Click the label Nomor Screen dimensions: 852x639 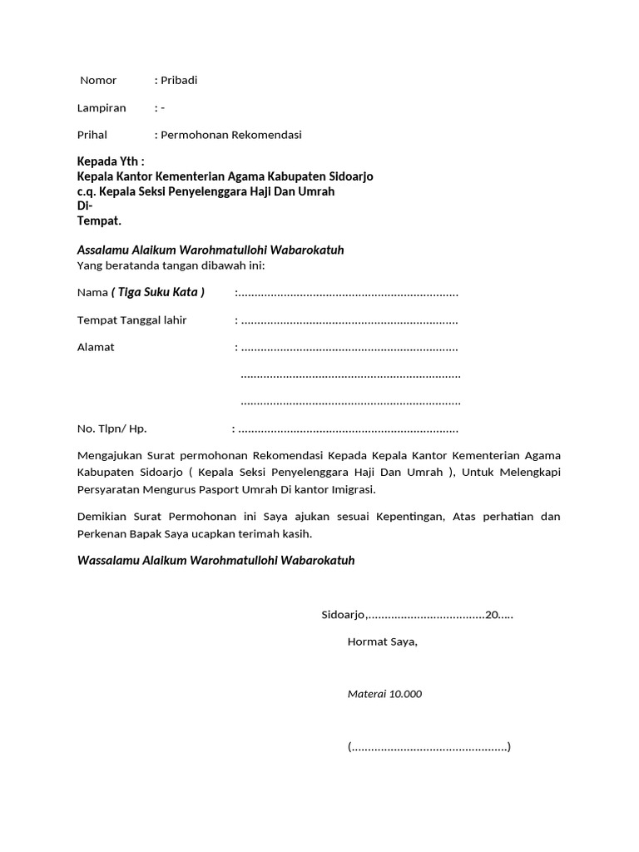(98, 81)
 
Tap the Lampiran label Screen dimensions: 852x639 (102, 108)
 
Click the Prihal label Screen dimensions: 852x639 (92, 135)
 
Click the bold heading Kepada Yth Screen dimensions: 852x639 (110, 161)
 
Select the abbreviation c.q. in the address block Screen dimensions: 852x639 (87, 191)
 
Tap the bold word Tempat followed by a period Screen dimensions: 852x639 (99, 220)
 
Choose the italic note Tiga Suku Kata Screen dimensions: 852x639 (158, 292)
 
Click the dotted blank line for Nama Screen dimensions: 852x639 (348, 293)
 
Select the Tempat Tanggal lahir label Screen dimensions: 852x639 (131, 320)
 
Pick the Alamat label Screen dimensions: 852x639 (96, 347)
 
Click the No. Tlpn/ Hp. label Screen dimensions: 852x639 (111, 429)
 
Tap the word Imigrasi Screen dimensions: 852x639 (352, 489)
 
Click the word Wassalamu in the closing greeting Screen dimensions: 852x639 (106, 561)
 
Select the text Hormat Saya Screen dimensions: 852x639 (382, 642)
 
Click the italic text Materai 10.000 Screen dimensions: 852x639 (384, 694)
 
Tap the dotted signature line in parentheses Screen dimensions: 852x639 (428, 746)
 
